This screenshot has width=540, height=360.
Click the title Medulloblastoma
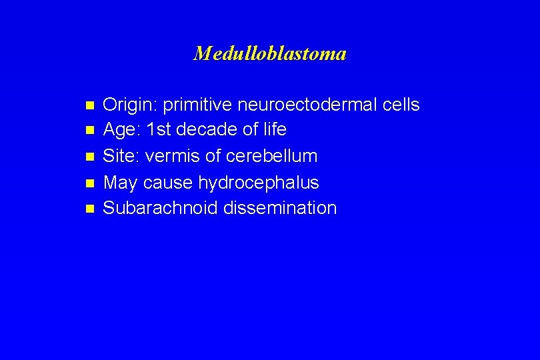(x=269, y=53)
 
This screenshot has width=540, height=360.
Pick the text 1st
(x=159, y=130)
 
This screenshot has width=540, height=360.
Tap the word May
(x=121, y=183)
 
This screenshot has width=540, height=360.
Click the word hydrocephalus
(x=259, y=183)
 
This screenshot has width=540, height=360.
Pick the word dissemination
(x=280, y=208)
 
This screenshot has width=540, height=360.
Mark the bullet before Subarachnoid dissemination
(x=89, y=209)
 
